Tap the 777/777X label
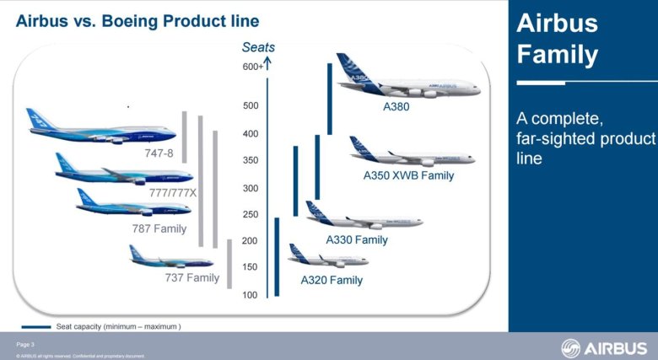pos(172,193)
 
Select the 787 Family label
pos(159,228)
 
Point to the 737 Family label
pos(191,277)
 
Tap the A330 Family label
pos(357,240)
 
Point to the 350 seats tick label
pos(251,160)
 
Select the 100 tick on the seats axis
pos(251,295)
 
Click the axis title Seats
pos(257,47)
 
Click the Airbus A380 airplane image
pos(405,79)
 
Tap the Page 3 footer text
pos(25,345)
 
